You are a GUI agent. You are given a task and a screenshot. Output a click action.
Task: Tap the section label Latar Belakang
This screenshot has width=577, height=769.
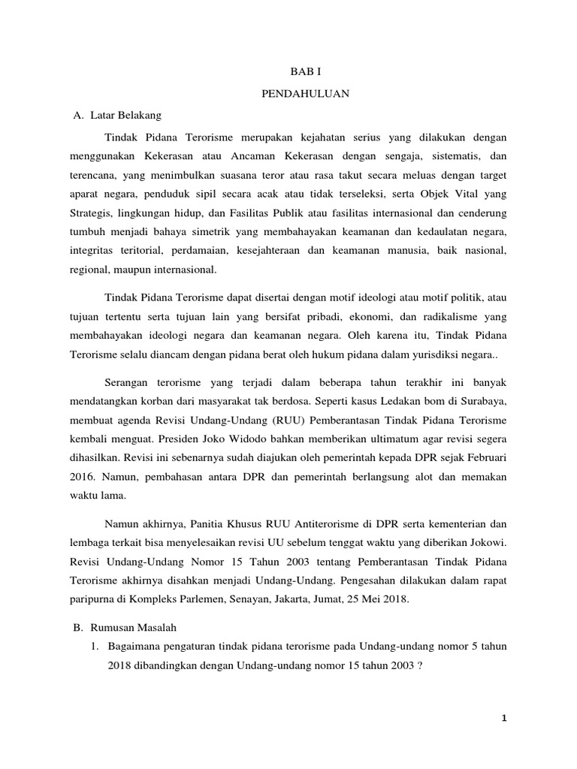click(x=125, y=116)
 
